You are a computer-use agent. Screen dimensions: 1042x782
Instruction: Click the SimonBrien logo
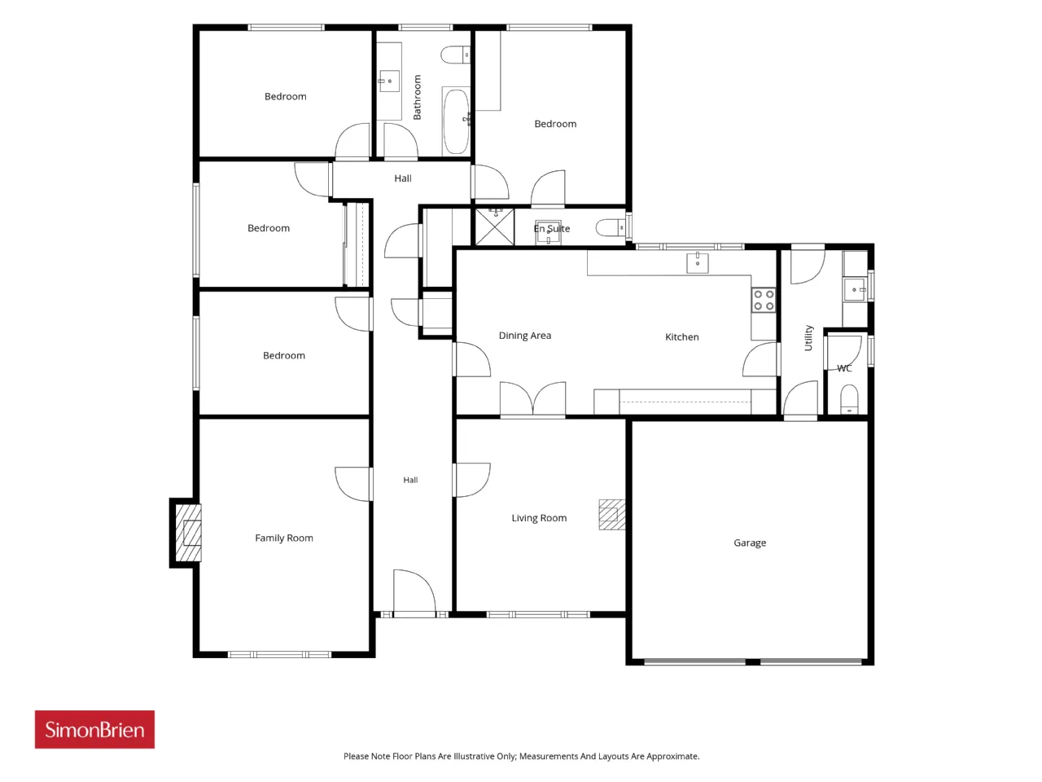tap(94, 729)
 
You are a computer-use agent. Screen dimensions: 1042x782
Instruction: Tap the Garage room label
tap(749, 543)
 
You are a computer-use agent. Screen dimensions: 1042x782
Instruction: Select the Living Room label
tap(539, 517)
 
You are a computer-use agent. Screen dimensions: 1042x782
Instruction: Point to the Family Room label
tap(284, 538)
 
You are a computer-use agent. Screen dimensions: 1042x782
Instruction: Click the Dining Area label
tap(524, 336)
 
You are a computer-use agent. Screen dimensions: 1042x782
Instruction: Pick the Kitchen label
tap(681, 336)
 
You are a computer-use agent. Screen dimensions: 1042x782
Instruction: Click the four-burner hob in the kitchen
tap(764, 300)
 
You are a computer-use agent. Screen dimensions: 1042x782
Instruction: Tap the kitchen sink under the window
tap(698, 262)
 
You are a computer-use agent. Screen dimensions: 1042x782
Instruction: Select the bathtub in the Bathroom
tap(456, 121)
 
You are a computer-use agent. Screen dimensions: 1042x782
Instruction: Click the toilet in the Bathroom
tap(455, 55)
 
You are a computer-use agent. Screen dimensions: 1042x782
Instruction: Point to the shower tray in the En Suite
tap(494, 227)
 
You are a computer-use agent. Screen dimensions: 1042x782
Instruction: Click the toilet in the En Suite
tap(611, 228)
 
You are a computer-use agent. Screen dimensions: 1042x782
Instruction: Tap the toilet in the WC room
tap(849, 399)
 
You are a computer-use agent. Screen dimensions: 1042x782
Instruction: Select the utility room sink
tap(855, 290)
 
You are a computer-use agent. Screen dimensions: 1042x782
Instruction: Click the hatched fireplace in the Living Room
tap(612, 514)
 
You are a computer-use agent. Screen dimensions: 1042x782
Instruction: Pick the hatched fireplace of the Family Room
tap(189, 533)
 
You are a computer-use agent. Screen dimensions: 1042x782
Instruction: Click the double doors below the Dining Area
tap(532, 399)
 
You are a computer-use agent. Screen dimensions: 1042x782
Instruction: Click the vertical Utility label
tap(808, 337)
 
